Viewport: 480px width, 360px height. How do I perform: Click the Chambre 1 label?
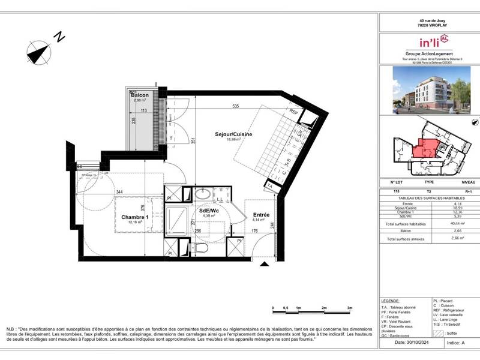134,217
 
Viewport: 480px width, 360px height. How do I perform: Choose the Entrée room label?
261,215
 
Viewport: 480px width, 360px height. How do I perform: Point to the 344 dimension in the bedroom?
120,192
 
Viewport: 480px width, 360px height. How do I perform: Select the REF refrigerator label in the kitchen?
294,112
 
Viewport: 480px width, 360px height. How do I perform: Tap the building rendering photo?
428,89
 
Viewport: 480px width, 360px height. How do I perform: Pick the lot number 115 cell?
396,191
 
